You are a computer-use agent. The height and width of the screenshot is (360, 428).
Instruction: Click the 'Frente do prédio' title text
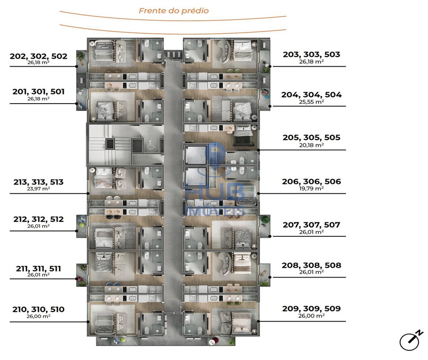(x=173, y=10)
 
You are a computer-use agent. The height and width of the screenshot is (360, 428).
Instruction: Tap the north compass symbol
(x=410, y=340)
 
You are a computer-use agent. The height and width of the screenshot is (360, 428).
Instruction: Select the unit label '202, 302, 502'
(x=38, y=56)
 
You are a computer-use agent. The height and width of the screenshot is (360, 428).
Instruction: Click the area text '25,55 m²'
(x=311, y=102)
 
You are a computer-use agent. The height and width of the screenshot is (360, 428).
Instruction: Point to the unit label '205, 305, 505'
(x=311, y=137)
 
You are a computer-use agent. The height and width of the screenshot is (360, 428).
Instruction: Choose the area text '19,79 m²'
(x=311, y=188)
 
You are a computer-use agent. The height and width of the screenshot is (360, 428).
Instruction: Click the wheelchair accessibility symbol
(x=151, y=145)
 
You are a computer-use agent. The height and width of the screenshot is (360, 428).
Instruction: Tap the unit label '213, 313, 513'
(x=38, y=182)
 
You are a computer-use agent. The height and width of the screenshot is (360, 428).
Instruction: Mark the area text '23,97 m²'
(x=38, y=188)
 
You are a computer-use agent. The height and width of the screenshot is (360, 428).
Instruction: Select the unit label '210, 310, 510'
(x=38, y=309)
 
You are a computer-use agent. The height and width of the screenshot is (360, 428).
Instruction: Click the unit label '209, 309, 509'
(x=311, y=309)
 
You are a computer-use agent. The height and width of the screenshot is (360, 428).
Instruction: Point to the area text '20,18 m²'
(x=311, y=145)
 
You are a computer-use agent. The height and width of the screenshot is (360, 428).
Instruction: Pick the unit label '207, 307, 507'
(x=311, y=225)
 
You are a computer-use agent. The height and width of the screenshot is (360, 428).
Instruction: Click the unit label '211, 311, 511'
(x=38, y=269)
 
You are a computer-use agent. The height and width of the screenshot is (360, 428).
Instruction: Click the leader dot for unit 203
(x=270, y=66)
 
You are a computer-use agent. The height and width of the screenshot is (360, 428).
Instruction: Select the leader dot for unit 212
(x=76, y=231)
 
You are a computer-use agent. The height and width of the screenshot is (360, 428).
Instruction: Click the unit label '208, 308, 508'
(x=311, y=265)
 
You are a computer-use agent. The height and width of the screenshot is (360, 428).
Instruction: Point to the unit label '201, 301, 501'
(x=38, y=91)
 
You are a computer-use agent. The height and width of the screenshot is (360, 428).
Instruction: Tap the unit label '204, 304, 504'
(x=311, y=95)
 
